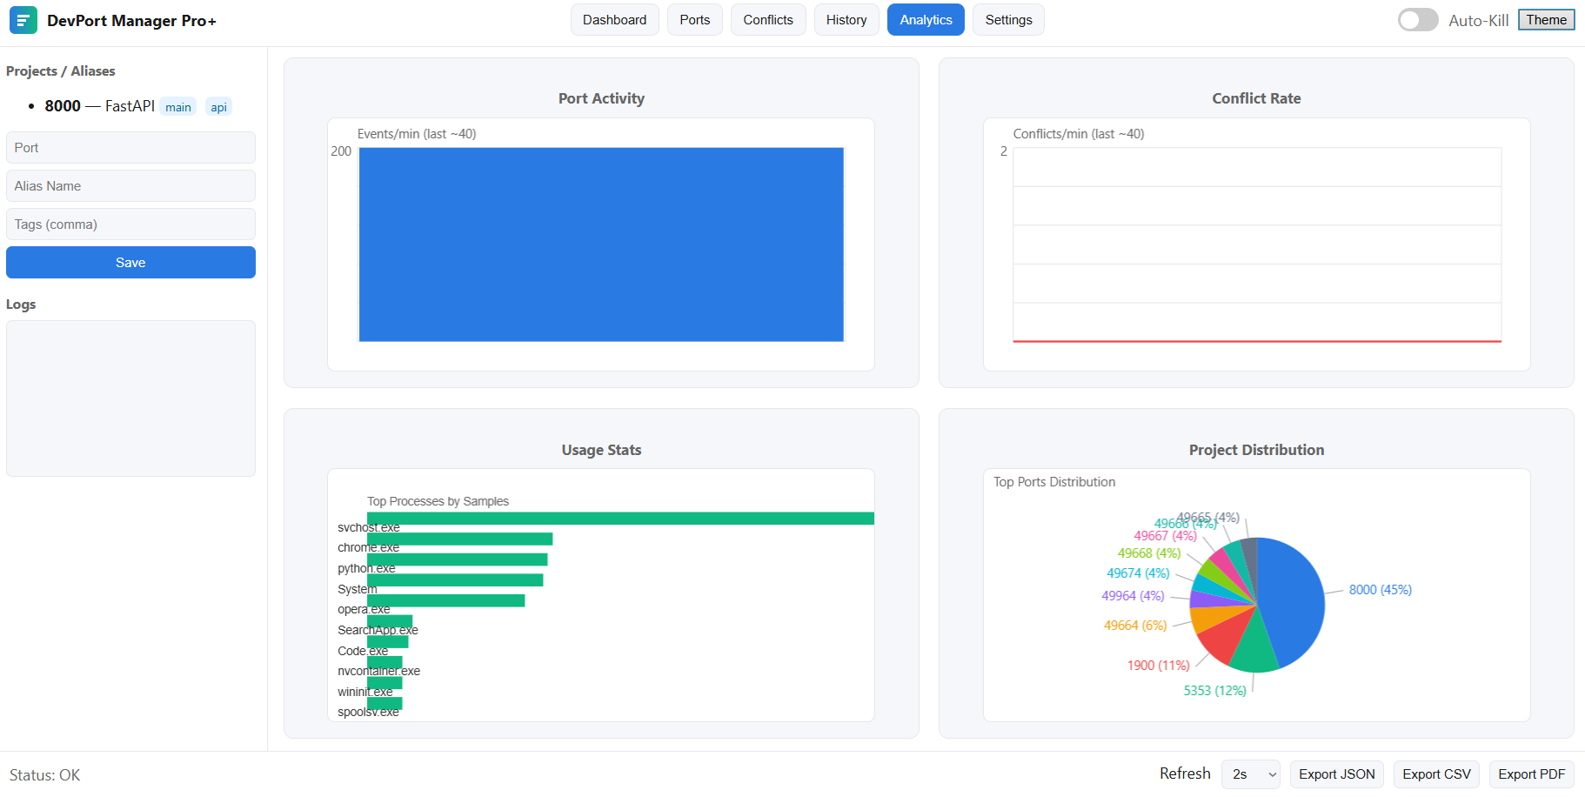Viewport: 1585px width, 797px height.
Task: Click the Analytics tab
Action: [x=926, y=20]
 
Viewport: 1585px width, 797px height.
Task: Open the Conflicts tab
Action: [x=767, y=20]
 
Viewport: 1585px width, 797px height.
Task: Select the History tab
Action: [x=846, y=20]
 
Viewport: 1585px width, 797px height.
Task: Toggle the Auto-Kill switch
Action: [x=1417, y=20]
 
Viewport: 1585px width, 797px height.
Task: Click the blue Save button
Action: [x=130, y=262]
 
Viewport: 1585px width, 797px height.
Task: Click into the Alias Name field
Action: [x=130, y=185]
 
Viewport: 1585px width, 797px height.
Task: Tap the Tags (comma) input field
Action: [x=130, y=224]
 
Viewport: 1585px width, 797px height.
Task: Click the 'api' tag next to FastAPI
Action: [x=218, y=107]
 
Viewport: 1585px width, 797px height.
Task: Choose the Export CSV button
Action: [x=1435, y=774]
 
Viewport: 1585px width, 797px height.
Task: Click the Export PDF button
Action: [x=1531, y=774]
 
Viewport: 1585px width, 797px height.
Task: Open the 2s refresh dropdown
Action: [x=1250, y=774]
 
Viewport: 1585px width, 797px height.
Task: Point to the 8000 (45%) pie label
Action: [x=1380, y=590]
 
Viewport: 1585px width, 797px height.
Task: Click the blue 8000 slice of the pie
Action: [x=1292, y=600]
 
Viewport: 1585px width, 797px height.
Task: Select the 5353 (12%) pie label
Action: [x=1214, y=691]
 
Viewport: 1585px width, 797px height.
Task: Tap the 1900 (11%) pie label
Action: [x=1158, y=666]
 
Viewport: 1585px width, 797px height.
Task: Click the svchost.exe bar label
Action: [x=368, y=527]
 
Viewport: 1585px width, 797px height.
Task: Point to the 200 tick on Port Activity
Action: [x=341, y=151]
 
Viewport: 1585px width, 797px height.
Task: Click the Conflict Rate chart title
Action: [x=1256, y=98]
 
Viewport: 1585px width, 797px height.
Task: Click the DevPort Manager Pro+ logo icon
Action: [x=23, y=20]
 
